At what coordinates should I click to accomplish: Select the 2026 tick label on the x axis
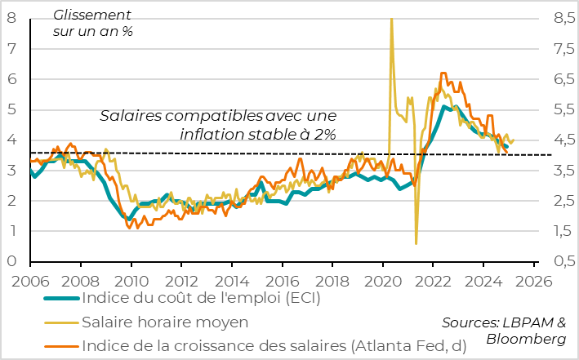534,280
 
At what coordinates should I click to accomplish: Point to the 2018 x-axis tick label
332,280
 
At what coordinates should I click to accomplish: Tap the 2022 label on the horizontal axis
434,280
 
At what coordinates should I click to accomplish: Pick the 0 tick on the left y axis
12,262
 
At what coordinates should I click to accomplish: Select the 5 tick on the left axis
12,109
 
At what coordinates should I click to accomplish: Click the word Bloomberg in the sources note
526,338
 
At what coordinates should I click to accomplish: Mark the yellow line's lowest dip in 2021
416,243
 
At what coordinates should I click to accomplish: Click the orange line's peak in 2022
443,73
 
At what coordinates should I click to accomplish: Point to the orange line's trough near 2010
129,228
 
